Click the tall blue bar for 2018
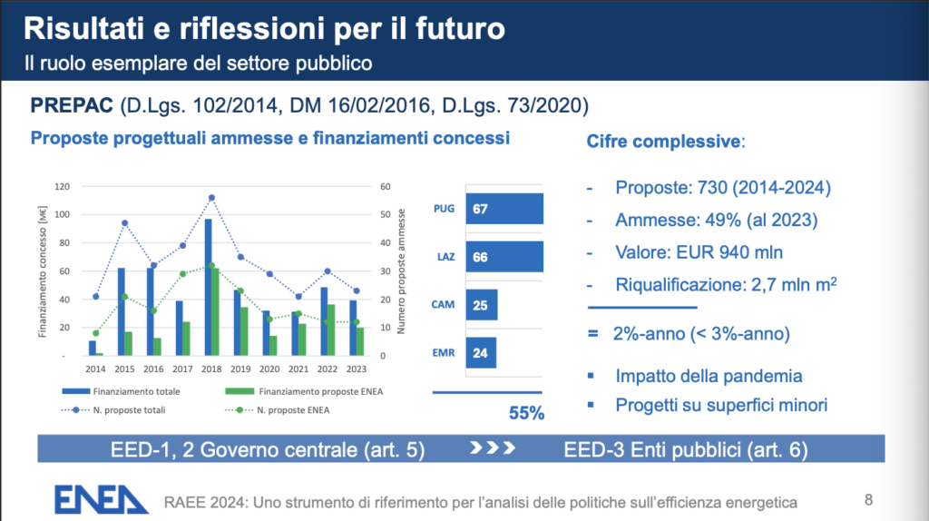[x=208, y=286]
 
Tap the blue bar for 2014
[x=93, y=348]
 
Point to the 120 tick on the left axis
[x=63, y=187]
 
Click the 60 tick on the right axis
[x=385, y=187]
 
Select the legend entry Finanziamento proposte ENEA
[x=283, y=392]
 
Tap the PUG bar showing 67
[x=504, y=210]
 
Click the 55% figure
[x=526, y=413]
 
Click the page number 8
[x=868, y=498]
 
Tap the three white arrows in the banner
[x=495, y=448]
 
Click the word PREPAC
[x=73, y=106]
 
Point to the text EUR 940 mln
[x=733, y=251]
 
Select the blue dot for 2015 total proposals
[x=124, y=222]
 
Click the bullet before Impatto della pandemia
[x=592, y=375]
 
